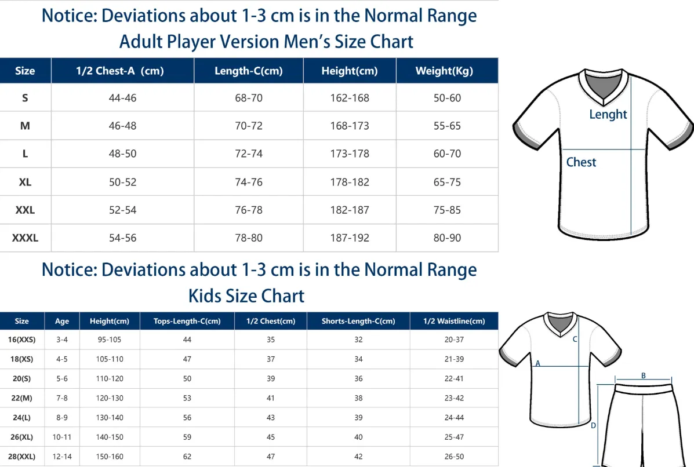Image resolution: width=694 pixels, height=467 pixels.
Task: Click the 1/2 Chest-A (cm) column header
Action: pyautogui.click(x=120, y=71)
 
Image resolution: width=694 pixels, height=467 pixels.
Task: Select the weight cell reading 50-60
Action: pyautogui.click(x=447, y=98)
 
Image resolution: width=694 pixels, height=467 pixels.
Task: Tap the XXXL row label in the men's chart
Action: pyautogui.click(x=26, y=238)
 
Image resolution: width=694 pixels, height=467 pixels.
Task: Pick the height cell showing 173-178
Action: pyautogui.click(x=350, y=154)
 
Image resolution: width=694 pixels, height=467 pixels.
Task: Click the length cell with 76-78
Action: pyautogui.click(x=249, y=210)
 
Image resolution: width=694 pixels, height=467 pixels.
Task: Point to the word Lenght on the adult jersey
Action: pyautogui.click(x=608, y=115)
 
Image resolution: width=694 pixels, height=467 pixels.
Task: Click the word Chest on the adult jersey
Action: pyautogui.click(x=581, y=162)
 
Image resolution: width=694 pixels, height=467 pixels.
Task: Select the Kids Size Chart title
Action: pyautogui.click(x=246, y=296)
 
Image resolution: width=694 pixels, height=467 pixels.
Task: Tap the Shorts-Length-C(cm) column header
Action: pyautogui.click(x=358, y=321)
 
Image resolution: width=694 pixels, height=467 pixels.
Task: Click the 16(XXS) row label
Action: pyautogui.click(x=21, y=340)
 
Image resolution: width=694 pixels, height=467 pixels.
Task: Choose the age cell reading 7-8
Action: pyautogui.click(x=62, y=398)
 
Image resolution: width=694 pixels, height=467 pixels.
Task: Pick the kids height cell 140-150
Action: pyautogui.click(x=110, y=437)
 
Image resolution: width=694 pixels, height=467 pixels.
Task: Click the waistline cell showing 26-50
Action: pyautogui.click(x=454, y=457)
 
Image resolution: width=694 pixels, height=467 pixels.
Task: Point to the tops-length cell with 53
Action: pyautogui.click(x=187, y=398)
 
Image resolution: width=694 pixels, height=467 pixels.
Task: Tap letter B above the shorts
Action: pyautogui.click(x=644, y=375)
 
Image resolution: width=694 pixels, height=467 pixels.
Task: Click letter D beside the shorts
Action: pyautogui.click(x=594, y=425)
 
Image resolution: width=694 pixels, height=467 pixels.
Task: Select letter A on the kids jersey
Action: pyautogui.click(x=538, y=363)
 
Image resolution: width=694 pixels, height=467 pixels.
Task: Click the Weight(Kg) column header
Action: pyautogui.click(x=444, y=71)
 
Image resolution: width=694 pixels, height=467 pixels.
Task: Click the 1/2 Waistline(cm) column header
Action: pyautogui.click(x=454, y=321)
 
